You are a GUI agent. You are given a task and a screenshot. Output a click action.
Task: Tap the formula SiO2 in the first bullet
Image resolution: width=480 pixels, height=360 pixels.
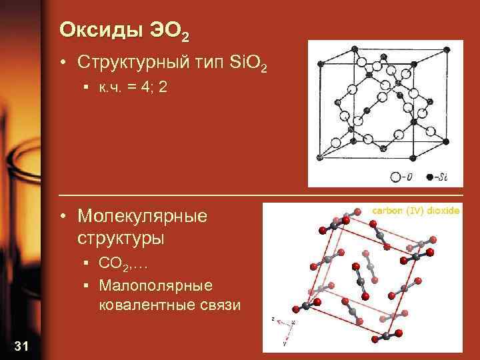[247, 64]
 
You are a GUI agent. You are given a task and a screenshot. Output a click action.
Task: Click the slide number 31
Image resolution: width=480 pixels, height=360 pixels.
[21, 345]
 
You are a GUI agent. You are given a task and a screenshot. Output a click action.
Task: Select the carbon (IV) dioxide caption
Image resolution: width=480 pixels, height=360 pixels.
[415, 210]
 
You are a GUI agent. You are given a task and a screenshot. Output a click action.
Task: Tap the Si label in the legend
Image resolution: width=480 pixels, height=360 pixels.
[441, 177]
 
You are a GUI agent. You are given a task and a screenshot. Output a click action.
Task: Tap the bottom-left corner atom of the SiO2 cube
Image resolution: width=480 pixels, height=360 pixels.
[320, 158]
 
